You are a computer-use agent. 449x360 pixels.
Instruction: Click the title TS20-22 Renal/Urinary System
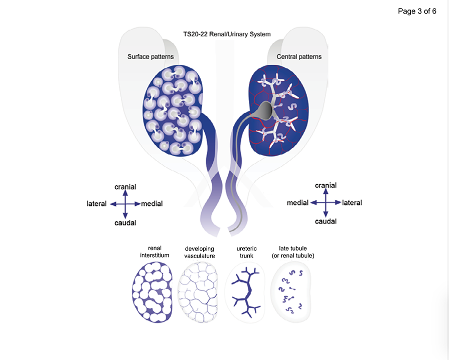tap(227, 35)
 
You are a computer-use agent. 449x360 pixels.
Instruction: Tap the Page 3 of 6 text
tap(417, 11)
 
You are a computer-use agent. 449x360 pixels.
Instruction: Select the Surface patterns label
tap(150, 57)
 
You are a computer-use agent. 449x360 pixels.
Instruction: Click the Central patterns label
tap(299, 57)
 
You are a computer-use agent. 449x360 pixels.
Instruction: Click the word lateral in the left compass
tap(97, 204)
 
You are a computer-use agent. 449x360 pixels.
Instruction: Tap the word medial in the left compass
tap(152, 204)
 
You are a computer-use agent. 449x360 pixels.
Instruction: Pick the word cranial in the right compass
tap(326, 186)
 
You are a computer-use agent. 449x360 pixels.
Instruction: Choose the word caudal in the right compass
tap(326, 221)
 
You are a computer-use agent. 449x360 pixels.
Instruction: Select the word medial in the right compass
tap(297, 203)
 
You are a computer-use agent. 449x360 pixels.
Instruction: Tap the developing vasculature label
tap(199, 252)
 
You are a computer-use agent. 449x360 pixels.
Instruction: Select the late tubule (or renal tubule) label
tap(296, 252)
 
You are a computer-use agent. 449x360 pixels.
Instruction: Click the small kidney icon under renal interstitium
tap(152, 293)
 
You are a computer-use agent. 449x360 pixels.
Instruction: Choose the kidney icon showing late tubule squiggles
tap(292, 293)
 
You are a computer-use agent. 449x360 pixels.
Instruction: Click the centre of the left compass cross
tap(125, 204)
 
